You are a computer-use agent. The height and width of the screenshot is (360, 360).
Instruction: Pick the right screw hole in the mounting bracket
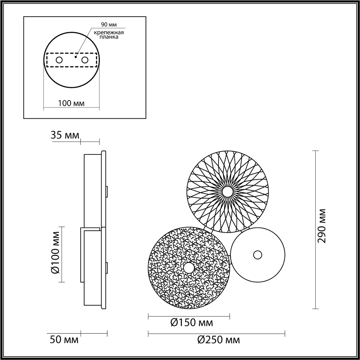point(85,60)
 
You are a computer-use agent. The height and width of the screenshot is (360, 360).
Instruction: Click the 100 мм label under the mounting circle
point(71,103)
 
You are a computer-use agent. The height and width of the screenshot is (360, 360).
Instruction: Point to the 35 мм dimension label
point(64,136)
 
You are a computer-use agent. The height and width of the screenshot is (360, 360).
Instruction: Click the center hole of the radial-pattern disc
point(228,192)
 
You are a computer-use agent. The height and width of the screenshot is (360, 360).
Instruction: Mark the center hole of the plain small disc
point(257,255)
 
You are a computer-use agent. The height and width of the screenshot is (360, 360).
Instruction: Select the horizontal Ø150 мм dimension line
point(189,316)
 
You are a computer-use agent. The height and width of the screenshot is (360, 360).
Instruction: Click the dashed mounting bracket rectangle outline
point(72,54)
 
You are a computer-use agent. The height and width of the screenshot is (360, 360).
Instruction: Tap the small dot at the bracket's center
point(76,57)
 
